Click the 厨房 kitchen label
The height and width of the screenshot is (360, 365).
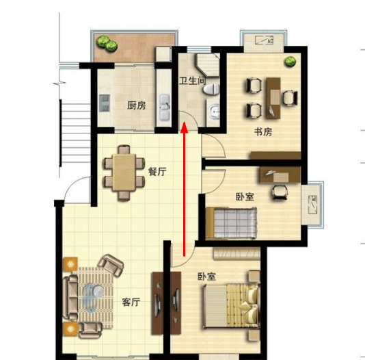point(137,105)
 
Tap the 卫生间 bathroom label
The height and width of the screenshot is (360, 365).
point(193,81)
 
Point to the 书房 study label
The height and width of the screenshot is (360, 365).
point(263,132)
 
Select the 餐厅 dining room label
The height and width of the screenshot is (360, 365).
point(157,172)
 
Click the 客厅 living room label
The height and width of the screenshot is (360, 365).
point(131,302)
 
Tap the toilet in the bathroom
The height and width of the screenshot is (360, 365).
point(211,89)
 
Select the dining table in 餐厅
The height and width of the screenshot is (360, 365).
point(124,172)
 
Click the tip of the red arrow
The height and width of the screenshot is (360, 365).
point(185,121)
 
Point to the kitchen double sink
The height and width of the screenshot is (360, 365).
point(164,107)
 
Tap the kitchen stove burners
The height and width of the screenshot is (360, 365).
point(105,103)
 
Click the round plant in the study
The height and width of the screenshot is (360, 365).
point(290,62)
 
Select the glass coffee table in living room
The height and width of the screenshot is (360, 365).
point(93,298)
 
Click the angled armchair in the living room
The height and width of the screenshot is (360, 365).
point(111,265)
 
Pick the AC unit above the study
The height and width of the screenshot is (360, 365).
point(264,40)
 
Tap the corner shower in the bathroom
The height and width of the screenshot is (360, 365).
point(207,65)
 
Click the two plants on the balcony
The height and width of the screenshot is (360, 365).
point(107,43)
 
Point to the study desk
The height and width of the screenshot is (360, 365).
point(273,98)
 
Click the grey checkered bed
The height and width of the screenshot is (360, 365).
point(232,223)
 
